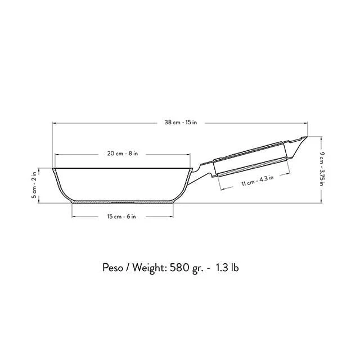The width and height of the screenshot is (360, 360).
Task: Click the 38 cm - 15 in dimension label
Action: (x=181, y=123)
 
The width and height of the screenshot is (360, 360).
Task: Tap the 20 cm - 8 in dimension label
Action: (x=123, y=154)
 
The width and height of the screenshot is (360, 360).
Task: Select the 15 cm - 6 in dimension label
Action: (x=121, y=217)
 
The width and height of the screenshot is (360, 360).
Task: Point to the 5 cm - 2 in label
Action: (x=34, y=185)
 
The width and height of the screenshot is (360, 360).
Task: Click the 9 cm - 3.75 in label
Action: (x=322, y=169)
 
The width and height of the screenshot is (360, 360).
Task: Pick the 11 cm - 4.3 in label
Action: (x=258, y=181)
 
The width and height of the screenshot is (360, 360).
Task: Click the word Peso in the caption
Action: (x=112, y=268)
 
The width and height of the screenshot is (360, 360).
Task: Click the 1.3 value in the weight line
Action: (x=222, y=268)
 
